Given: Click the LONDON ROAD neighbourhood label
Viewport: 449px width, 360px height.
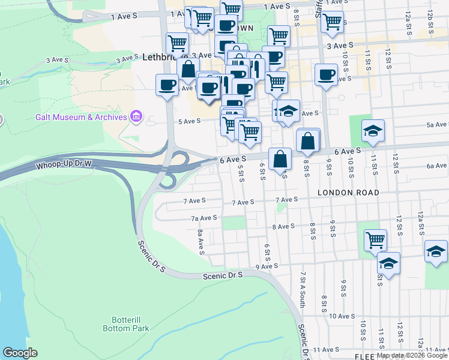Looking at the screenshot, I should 348,193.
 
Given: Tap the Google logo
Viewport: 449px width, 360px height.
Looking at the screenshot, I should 20,353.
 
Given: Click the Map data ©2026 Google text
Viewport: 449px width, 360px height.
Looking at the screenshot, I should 412,355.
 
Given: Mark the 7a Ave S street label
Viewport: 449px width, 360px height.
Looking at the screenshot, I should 203,218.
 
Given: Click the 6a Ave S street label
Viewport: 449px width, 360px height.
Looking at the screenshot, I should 437,166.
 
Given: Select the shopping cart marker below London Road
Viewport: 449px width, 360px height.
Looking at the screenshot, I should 375,240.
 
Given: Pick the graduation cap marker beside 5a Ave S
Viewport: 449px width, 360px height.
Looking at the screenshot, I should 373,131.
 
